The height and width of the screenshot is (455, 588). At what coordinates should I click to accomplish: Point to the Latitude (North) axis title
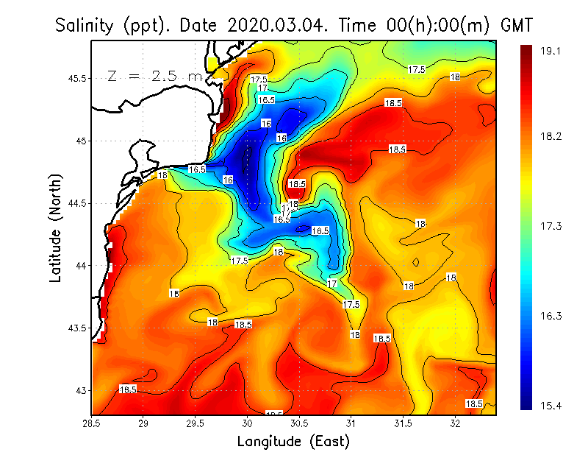pos(56,227)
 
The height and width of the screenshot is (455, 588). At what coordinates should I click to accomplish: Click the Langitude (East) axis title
pos(293,441)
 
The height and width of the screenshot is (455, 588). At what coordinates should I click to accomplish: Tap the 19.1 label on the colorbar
pos(551,51)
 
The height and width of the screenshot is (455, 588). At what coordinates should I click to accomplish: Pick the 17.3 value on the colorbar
pos(551,226)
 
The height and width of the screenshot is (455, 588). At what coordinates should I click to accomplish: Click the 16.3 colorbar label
pos(551,316)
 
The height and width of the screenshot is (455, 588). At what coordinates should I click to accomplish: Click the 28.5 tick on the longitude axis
pos(92,423)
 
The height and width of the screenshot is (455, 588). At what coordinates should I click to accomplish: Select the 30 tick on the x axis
pos(248,423)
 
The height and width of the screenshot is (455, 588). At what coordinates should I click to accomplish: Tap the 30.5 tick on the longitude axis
pos(300,423)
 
